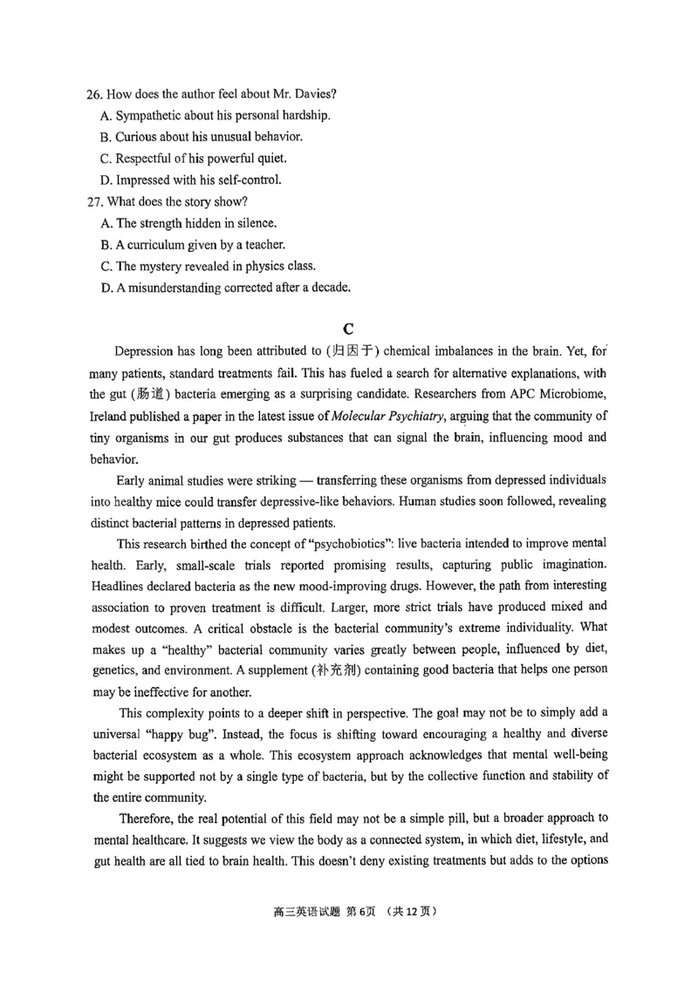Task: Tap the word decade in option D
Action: [x=329, y=288]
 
